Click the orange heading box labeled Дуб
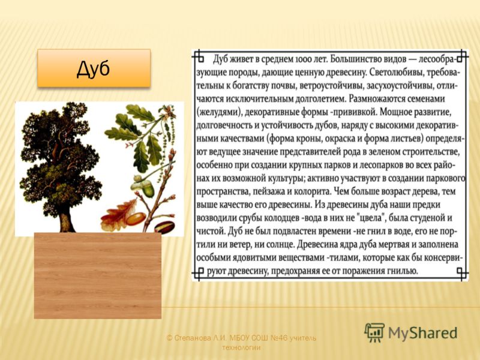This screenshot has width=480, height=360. pyautogui.click(x=94, y=68)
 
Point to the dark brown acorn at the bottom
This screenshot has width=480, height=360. pyautogui.click(x=164, y=227)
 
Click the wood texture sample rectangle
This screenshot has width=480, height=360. pyautogui.click(x=98, y=276)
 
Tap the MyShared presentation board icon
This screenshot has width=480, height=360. pyautogui.click(x=374, y=332)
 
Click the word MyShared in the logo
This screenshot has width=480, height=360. pyautogui.click(x=423, y=333)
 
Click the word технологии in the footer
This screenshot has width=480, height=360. pyautogui.click(x=241, y=348)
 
